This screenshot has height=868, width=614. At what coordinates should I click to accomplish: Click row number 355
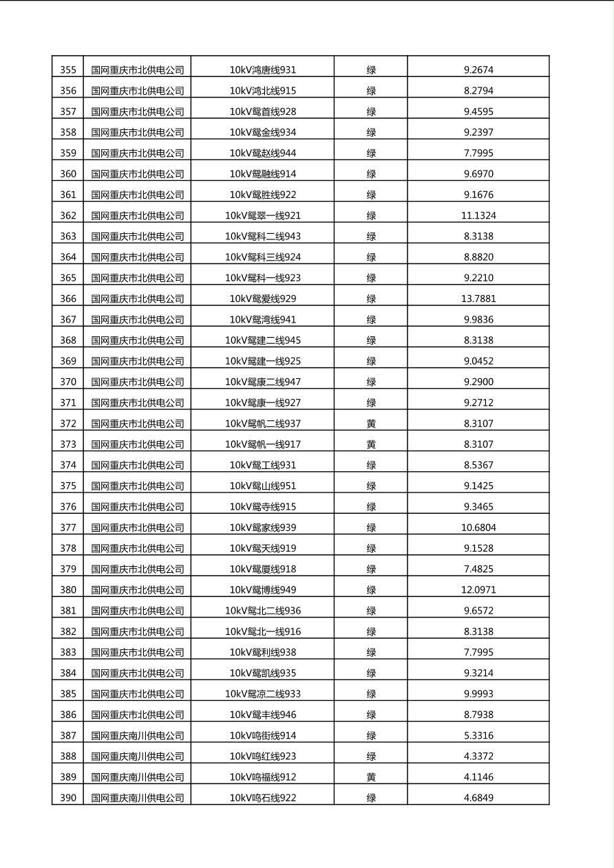coord(68,69)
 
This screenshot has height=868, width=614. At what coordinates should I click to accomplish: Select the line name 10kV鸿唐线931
coord(263,69)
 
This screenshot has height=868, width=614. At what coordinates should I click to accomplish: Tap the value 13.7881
coord(478,299)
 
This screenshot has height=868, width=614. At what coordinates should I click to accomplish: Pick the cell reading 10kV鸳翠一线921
coord(263,215)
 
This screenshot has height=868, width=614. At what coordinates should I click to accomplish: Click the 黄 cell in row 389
coord(371,777)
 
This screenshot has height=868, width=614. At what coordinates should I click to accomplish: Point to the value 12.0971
coord(478,589)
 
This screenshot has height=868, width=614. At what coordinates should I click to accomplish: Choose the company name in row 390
coord(138,798)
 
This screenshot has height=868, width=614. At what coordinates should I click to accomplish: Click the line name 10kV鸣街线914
coord(263,735)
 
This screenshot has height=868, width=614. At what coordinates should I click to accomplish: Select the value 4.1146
coord(478,777)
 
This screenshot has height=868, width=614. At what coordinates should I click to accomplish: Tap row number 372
coord(68,423)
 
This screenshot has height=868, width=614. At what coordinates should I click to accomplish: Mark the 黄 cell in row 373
coord(371,444)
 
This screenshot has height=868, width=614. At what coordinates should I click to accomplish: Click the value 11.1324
coord(478,215)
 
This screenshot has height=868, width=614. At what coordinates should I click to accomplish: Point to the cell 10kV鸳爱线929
coord(263,299)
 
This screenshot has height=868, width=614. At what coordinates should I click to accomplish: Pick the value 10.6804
coord(478,528)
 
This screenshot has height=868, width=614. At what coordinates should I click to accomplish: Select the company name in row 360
coord(138,173)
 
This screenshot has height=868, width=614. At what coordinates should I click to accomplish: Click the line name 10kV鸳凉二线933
coord(263,693)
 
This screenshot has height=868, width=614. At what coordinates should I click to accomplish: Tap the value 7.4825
coord(478,569)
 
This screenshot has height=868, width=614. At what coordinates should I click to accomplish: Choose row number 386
coord(68,715)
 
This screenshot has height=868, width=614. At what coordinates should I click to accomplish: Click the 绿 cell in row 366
coord(371,299)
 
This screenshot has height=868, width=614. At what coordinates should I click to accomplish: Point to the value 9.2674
coord(478,69)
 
